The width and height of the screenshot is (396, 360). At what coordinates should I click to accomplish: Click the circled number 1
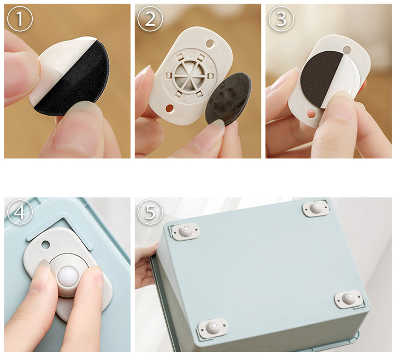pyautogui.click(x=20, y=18)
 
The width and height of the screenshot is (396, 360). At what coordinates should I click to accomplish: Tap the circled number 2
pyautogui.click(x=150, y=18)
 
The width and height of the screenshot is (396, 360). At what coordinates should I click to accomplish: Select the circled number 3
pyautogui.click(x=281, y=18)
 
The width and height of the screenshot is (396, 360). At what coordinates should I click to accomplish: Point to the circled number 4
pyautogui.click(x=20, y=212)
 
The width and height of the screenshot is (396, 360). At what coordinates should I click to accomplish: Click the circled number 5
pyautogui.click(x=150, y=212)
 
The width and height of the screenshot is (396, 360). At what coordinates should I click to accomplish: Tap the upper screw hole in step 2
pyautogui.click(x=210, y=43)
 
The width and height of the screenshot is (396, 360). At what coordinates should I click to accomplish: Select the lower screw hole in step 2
pyautogui.click(x=169, y=109)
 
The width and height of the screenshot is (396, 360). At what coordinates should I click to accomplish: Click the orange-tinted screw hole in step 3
pyautogui.click(x=312, y=113)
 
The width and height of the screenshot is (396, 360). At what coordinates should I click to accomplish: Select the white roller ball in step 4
pyautogui.click(x=68, y=277)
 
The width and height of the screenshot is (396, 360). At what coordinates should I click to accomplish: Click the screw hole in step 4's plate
pyautogui.click(x=46, y=244)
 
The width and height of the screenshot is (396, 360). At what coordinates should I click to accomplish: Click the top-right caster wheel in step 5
pyautogui.click(x=316, y=209)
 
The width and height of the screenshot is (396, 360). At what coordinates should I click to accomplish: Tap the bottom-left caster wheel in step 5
pyautogui.click(x=213, y=328)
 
